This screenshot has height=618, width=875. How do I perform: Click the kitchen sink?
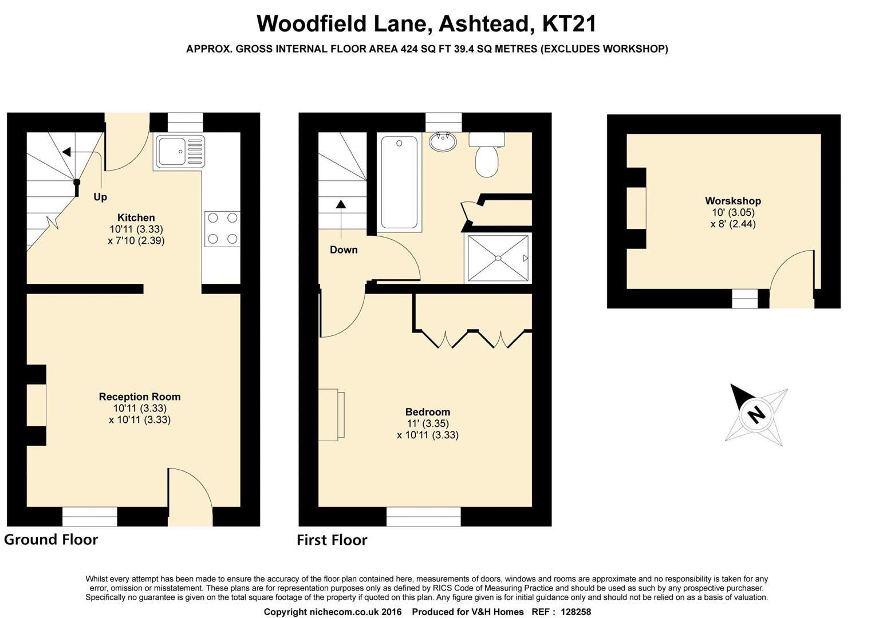179,152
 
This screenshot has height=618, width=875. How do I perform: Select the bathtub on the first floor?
400,183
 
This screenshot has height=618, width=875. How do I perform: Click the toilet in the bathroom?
487,155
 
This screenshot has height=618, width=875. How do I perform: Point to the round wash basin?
443,141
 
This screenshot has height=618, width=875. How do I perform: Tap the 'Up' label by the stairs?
100,197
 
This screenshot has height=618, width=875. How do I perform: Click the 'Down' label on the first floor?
344,250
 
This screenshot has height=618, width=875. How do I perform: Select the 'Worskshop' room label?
732,201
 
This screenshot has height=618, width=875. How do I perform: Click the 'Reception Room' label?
140,397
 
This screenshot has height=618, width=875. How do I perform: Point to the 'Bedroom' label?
427,412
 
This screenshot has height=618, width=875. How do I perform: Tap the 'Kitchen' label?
136,217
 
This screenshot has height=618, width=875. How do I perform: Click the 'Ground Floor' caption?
51,540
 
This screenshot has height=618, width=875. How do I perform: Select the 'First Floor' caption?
332,540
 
